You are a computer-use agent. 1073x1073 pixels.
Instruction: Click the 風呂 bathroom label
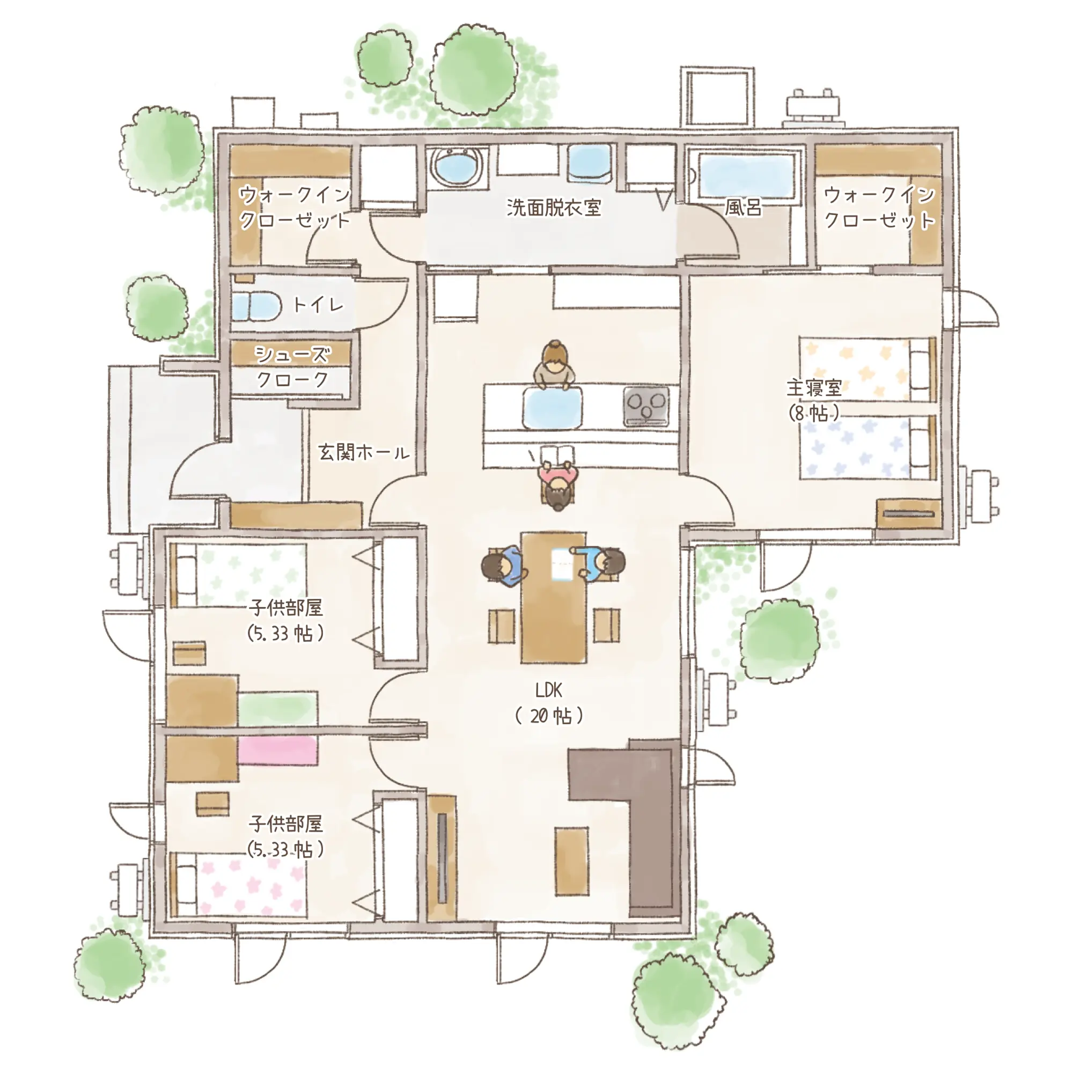pos(743,208)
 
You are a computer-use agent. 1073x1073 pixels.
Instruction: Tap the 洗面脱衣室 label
pos(554,208)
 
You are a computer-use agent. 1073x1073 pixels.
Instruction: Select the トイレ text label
pos(318,304)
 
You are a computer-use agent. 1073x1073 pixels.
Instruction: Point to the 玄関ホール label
pos(364,452)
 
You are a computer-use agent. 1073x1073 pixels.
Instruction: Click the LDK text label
pos(549,690)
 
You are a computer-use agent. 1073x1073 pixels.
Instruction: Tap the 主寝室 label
pos(814,387)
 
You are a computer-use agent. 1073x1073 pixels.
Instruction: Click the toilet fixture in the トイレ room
pos(256,306)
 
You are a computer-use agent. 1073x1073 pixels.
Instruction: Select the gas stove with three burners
pos(646,406)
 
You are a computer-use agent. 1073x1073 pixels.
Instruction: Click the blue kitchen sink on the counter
pos(553,408)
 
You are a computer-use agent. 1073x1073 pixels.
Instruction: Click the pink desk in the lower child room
pos(278,751)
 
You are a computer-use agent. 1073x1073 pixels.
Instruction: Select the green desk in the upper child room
pos(278,708)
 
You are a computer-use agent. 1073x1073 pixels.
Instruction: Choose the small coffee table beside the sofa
pos(571,862)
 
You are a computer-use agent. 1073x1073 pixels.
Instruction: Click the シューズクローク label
pos(292,367)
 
